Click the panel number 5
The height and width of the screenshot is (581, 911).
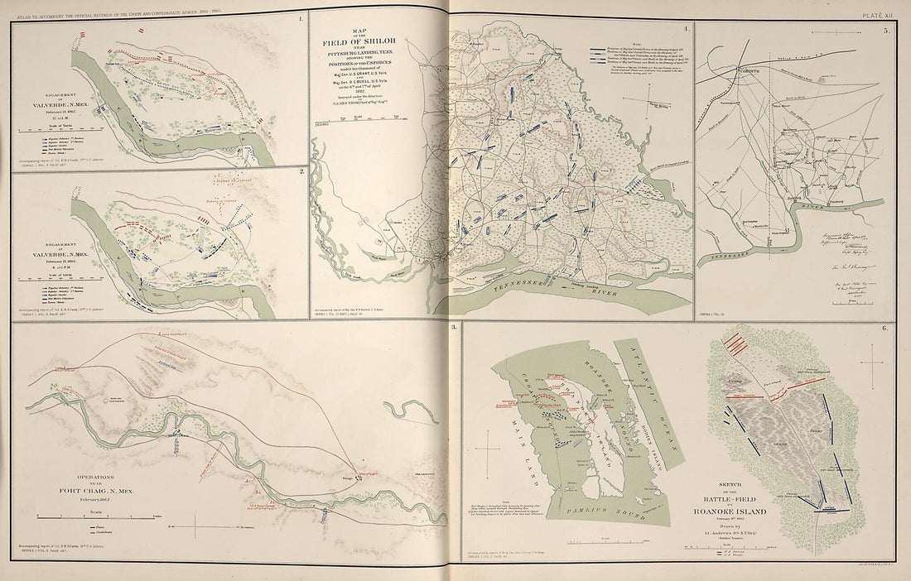885,31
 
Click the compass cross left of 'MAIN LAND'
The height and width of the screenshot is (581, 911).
494,445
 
